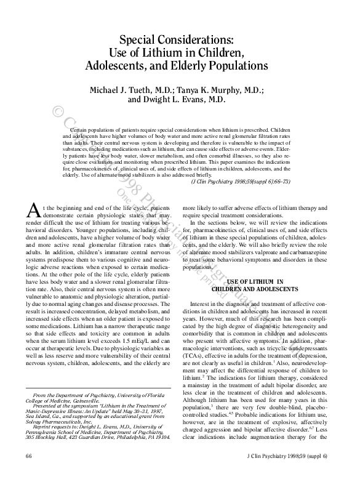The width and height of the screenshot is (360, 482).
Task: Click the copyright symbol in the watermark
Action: [x=60, y=113]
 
